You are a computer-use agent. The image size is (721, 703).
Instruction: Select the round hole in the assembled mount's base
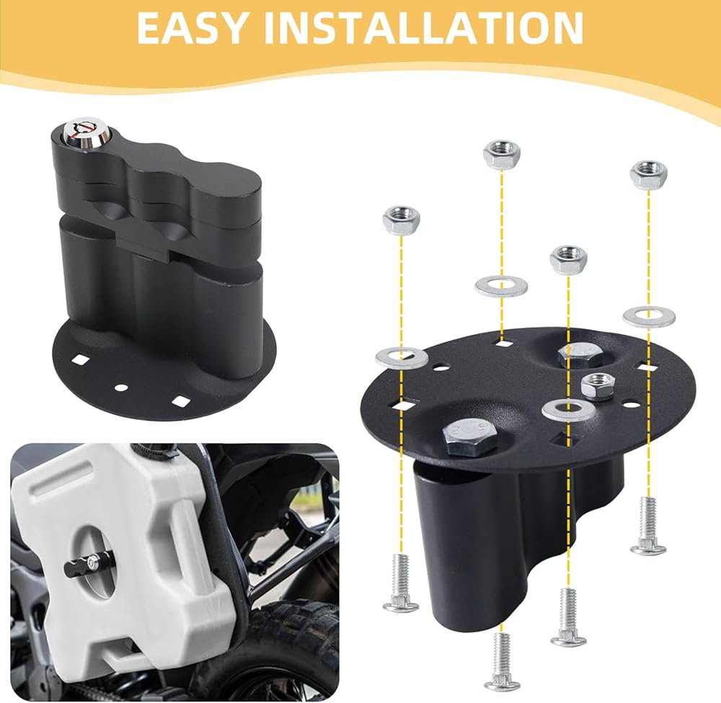121,388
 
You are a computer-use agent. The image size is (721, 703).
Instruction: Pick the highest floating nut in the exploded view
502,155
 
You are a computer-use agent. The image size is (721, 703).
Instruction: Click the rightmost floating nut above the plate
649,174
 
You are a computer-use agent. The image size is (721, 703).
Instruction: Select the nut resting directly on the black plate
596,386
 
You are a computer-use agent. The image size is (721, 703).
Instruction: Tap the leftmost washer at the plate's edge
402,357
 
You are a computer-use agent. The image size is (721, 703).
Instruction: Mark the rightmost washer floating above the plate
650,317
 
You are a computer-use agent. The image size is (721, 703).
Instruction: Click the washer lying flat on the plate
568,410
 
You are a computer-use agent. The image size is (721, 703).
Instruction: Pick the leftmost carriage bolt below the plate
401,584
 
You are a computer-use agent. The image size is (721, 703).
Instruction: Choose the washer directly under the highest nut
501,287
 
